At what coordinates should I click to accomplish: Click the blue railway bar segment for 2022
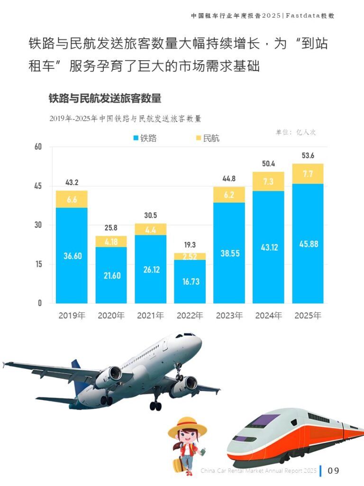[190, 281]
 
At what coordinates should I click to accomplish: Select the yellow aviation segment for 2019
[72, 199]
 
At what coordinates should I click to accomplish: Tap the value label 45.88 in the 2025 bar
[308, 244]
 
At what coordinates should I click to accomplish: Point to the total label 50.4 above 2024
[268, 164]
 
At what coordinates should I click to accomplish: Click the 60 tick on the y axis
[38, 147]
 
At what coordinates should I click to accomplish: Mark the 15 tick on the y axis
[38, 264]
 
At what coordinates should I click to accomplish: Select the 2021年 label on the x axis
[151, 316]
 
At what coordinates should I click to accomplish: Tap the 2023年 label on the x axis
[229, 316]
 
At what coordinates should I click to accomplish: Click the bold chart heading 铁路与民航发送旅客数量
[105, 99]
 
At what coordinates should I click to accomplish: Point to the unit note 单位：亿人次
[296, 132]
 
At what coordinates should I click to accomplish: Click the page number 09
[334, 471]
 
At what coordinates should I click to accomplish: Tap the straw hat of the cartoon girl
[187, 426]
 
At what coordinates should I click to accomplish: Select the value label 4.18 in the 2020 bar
[111, 242]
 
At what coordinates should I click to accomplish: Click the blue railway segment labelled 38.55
[229, 253]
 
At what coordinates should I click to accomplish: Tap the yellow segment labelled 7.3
[268, 181]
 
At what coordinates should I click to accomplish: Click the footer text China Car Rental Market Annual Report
[258, 471]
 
